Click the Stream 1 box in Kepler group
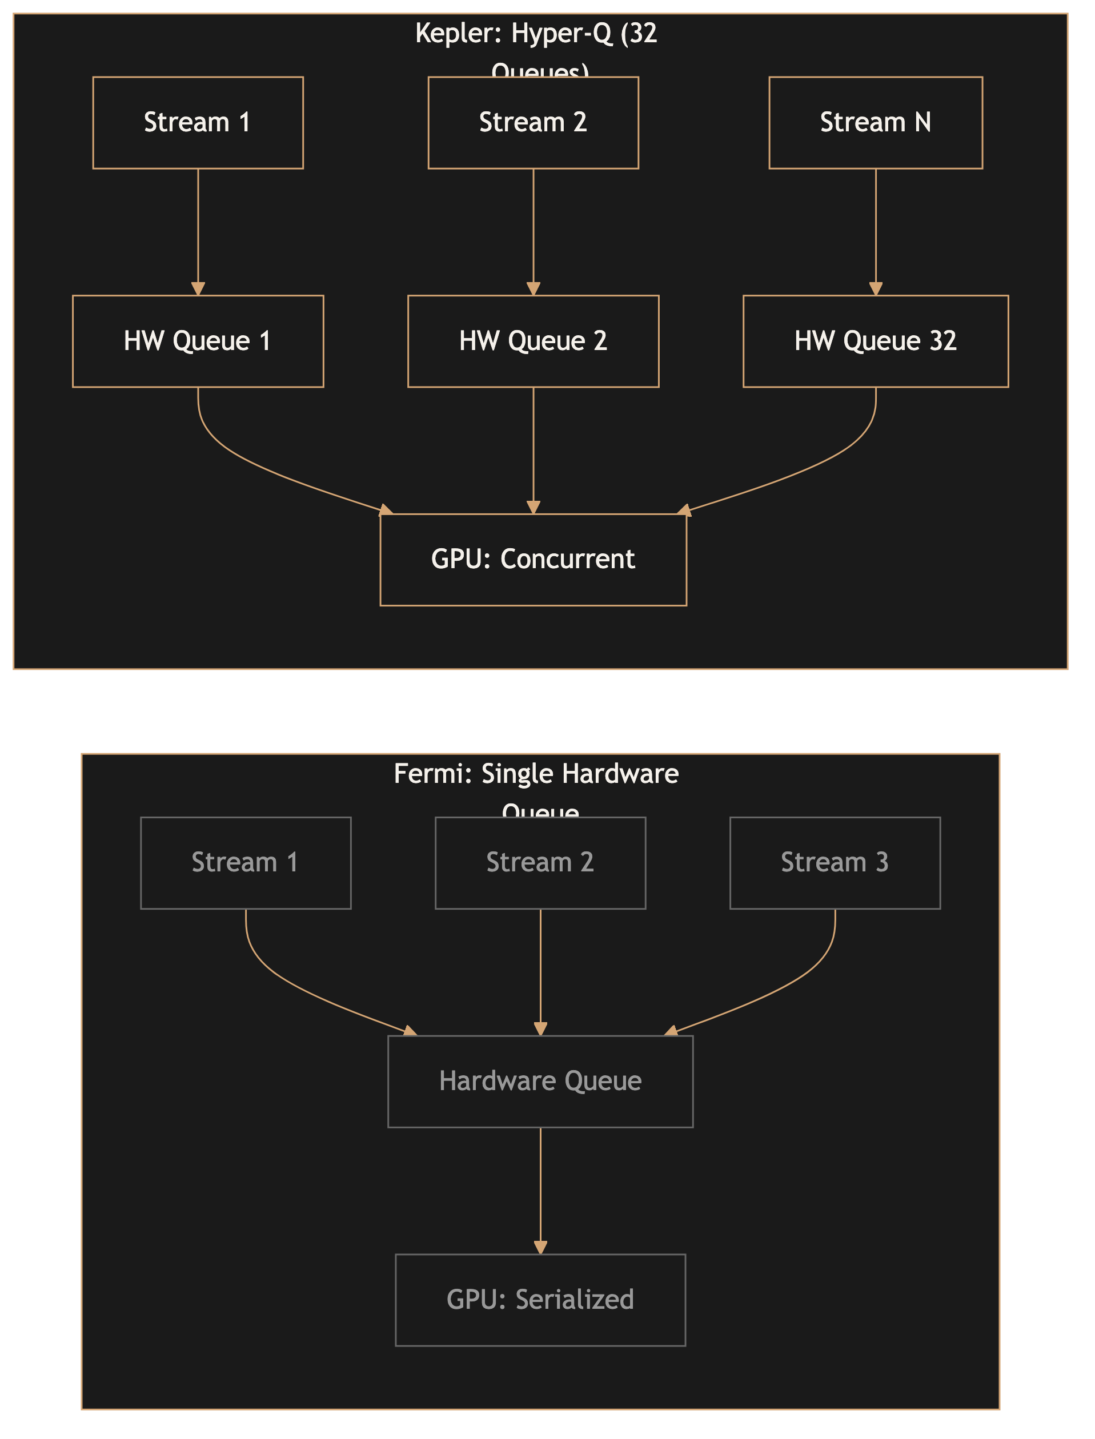(198, 122)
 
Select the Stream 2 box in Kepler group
(532, 122)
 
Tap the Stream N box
(875, 122)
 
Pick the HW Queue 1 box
(198, 341)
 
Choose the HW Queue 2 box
(532, 341)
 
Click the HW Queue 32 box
(875, 341)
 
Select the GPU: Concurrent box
(532, 559)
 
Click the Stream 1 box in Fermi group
(245, 862)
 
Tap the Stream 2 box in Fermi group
(540, 862)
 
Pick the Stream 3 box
(835, 862)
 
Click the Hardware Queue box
(540, 1081)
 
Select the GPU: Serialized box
(540, 1300)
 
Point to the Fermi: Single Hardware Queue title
(536, 774)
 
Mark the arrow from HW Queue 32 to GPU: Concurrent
(815, 467)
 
